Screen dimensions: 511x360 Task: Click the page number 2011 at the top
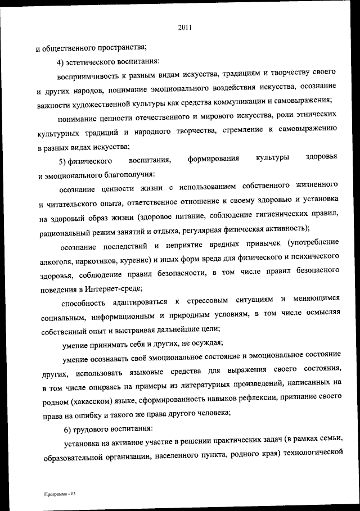185,26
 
